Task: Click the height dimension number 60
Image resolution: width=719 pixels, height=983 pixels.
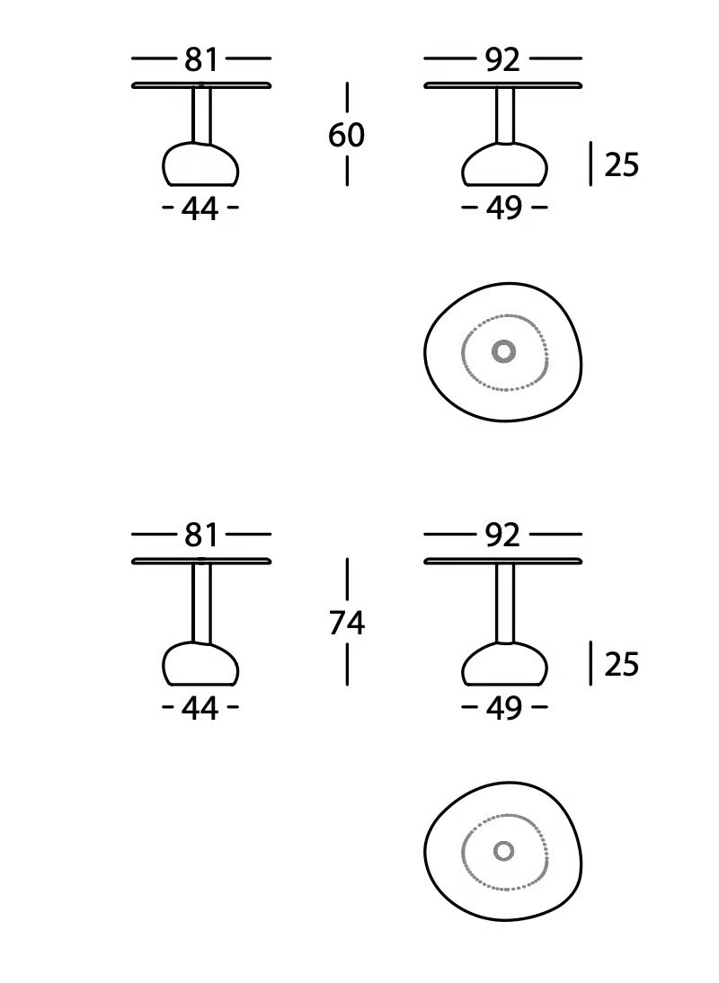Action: [346, 135]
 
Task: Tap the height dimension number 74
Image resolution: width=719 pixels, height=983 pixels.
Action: [347, 624]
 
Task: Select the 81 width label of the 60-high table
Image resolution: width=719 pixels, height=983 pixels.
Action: [201, 59]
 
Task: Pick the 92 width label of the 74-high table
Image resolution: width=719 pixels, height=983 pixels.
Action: [502, 536]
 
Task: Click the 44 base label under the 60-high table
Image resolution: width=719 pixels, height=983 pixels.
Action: [200, 208]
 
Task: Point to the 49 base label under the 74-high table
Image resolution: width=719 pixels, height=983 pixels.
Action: [504, 708]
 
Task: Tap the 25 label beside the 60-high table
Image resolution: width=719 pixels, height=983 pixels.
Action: [621, 164]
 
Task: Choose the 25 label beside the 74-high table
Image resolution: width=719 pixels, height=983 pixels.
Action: [621, 665]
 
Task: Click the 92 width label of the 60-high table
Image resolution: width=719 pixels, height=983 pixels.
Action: [502, 59]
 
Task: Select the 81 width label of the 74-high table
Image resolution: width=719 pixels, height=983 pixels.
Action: [201, 536]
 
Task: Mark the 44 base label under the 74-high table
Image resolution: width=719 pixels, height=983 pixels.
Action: [200, 708]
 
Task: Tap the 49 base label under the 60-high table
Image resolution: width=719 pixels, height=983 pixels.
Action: [504, 208]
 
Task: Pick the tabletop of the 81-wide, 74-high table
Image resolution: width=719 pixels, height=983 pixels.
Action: [201, 561]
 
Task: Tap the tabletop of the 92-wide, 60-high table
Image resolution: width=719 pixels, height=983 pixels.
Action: [502, 85]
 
